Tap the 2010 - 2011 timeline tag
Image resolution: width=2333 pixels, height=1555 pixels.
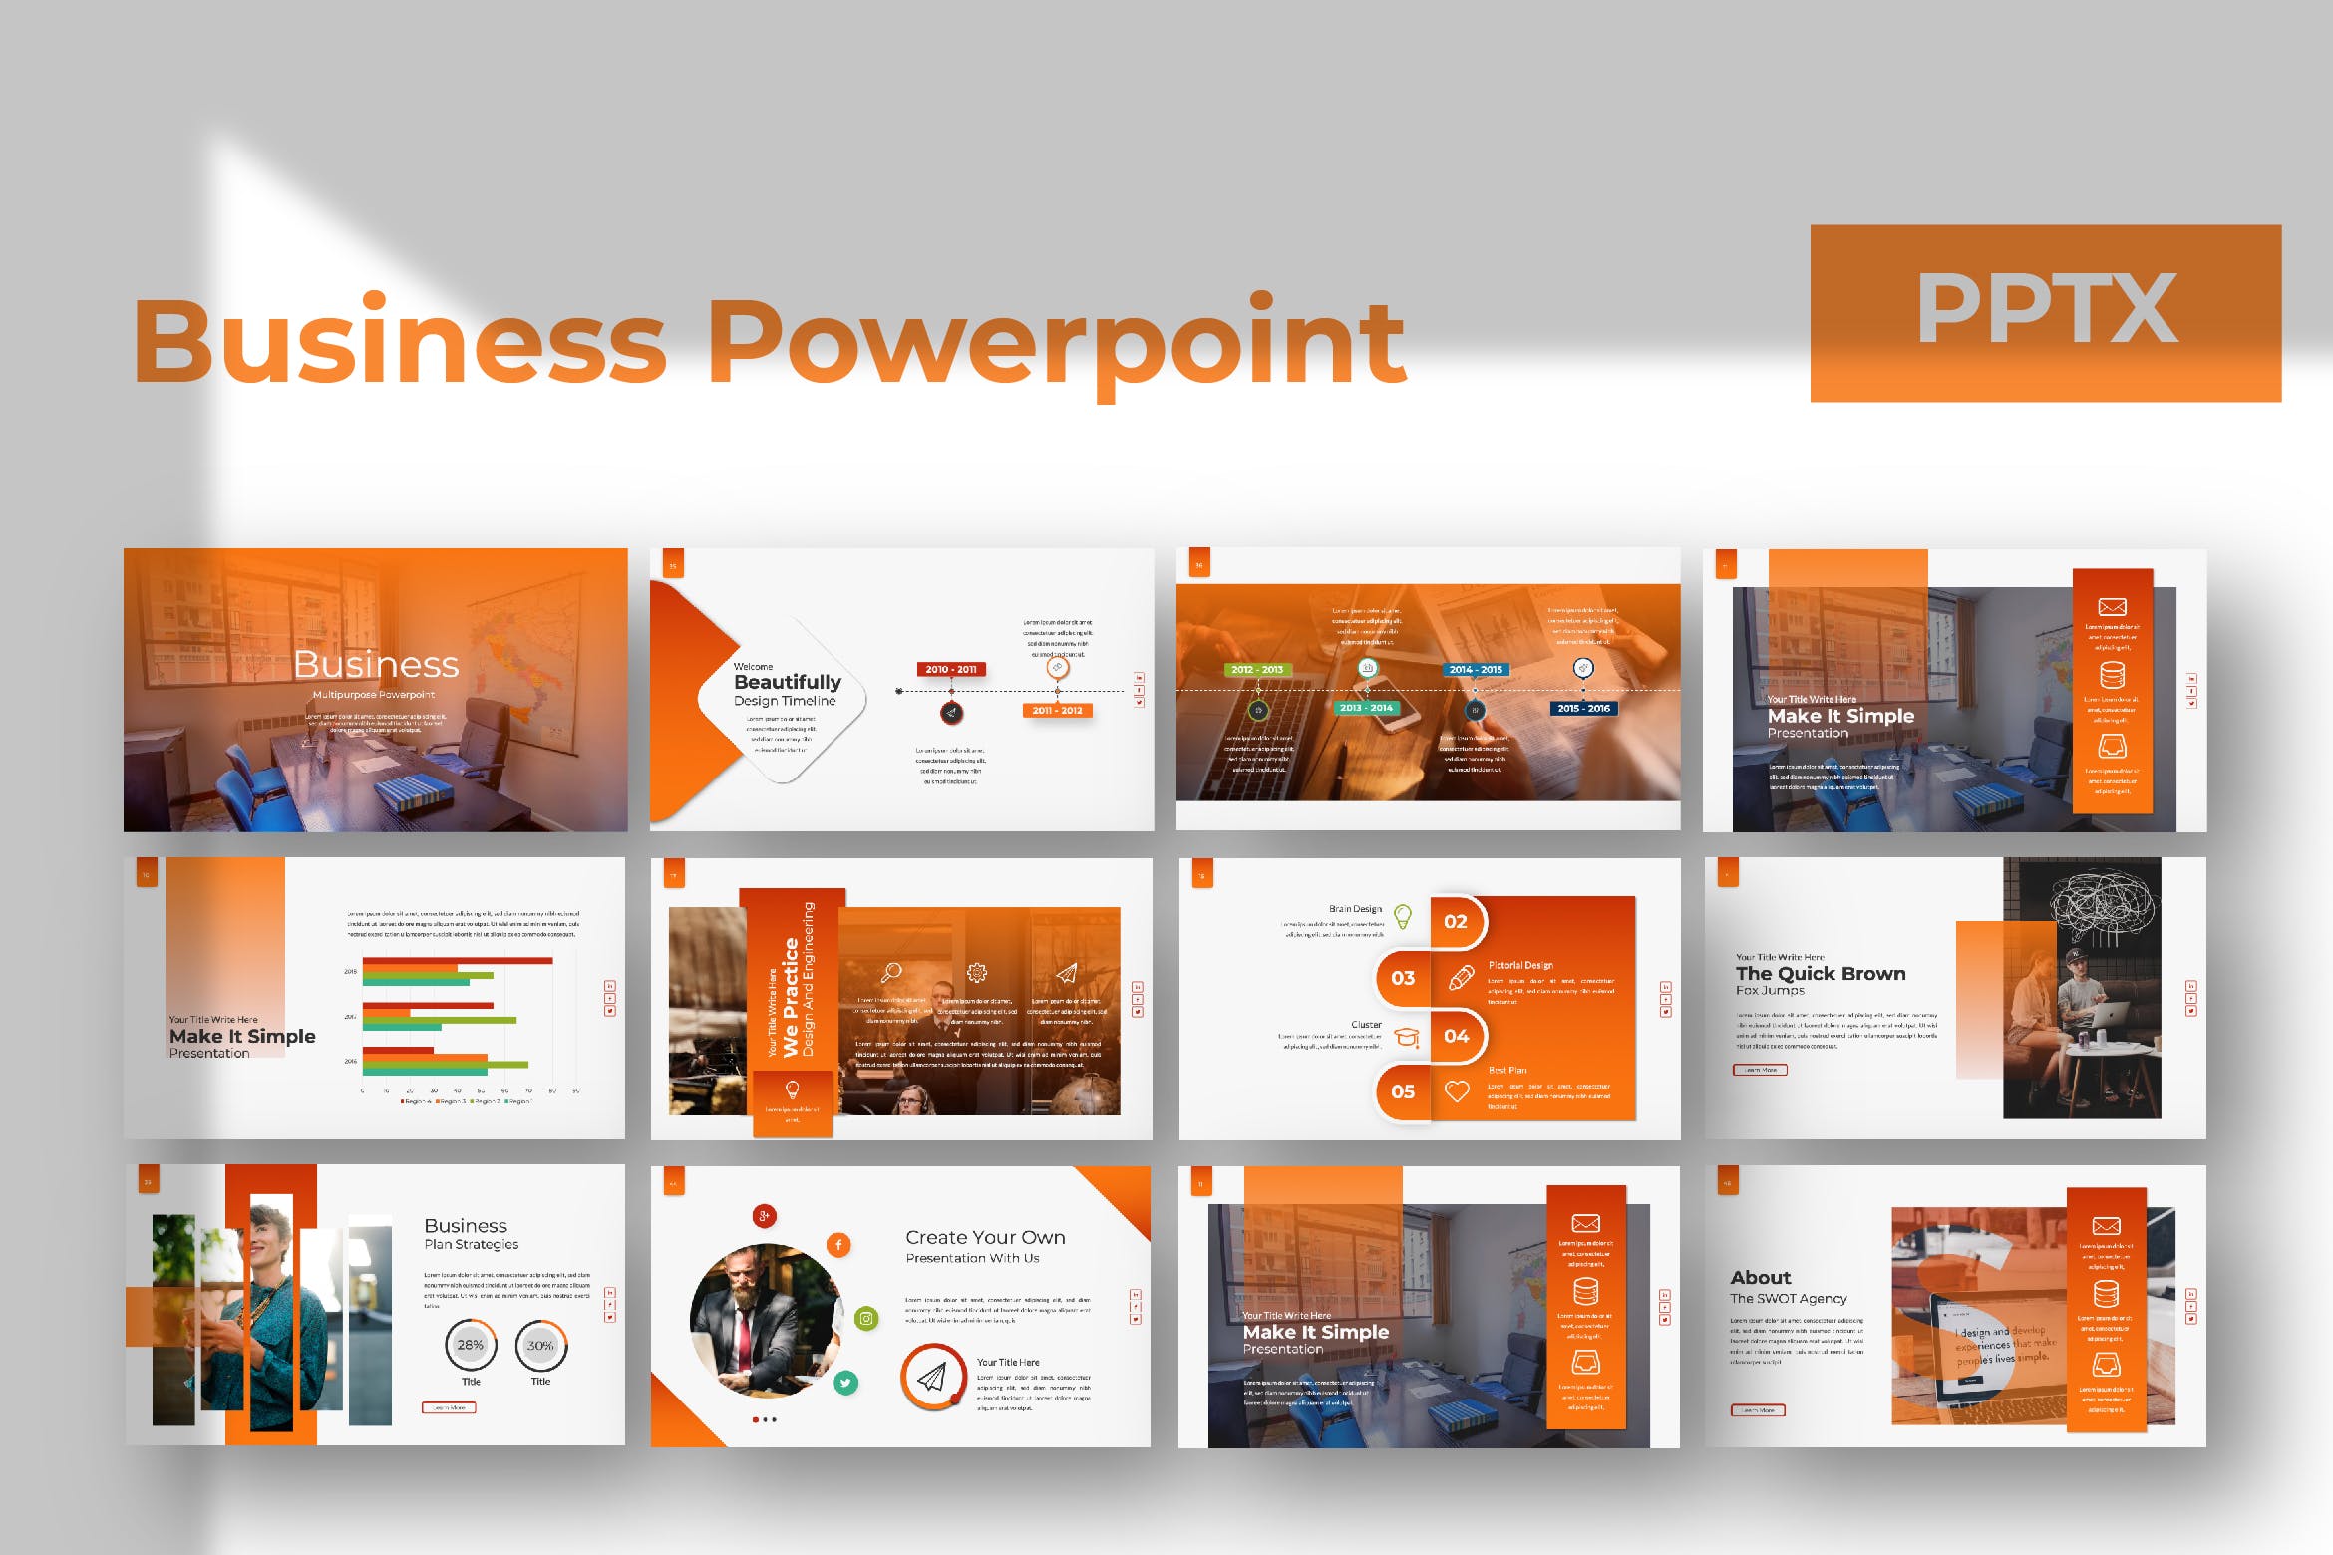tap(951, 669)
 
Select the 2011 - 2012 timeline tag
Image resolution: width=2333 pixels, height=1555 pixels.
tap(1058, 710)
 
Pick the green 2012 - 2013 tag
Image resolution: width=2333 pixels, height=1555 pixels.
tap(1257, 669)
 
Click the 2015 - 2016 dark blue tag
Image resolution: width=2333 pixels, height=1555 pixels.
tap(1584, 708)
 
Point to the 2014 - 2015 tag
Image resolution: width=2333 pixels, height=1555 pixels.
tap(1476, 669)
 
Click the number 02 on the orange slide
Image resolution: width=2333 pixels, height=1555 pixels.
tap(1456, 921)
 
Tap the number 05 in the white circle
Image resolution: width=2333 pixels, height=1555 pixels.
tap(1403, 1090)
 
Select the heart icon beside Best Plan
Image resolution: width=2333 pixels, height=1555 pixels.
tap(1457, 1091)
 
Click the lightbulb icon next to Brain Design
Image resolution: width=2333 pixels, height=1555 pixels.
tap(1403, 915)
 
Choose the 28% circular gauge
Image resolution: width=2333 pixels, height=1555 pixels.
tap(471, 1345)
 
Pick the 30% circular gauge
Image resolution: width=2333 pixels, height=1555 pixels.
tap(540, 1345)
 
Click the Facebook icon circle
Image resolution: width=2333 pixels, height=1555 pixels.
tap(838, 1244)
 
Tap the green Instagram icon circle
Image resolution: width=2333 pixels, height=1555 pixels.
tap(866, 1319)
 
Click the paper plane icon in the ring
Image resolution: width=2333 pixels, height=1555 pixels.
tap(932, 1378)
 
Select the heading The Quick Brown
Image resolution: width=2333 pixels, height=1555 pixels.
tap(1821, 973)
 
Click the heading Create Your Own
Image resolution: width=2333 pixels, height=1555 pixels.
tap(985, 1237)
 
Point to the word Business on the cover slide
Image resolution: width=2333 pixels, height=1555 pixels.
tap(376, 664)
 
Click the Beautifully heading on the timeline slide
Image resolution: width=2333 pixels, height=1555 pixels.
tap(788, 682)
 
